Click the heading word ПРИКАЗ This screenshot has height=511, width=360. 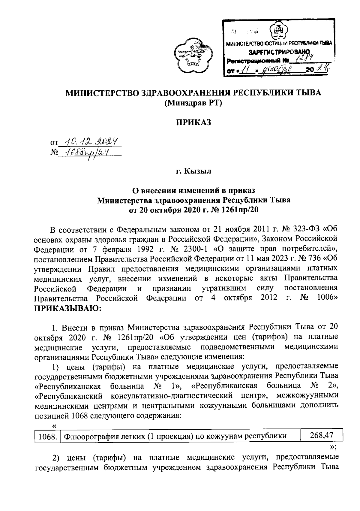coord(193,122)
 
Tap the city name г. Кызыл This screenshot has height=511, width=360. coord(193,171)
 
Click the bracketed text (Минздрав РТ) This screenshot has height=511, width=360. coord(193,103)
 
